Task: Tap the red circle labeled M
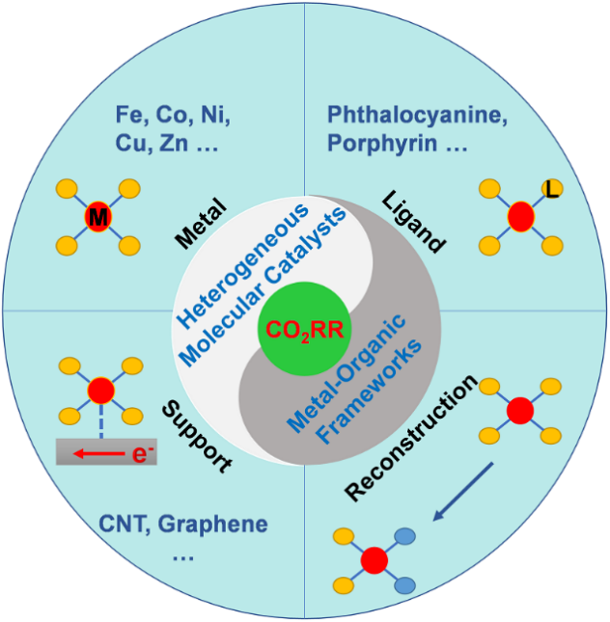(x=97, y=218)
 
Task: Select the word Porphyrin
(x=374, y=145)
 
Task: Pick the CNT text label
(x=124, y=525)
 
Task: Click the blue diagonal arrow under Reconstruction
(x=462, y=492)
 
